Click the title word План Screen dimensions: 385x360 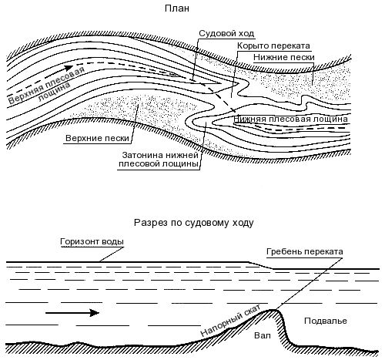click(x=177, y=8)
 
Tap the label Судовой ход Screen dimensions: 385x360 click(x=226, y=33)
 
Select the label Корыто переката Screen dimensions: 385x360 click(x=273, y=45)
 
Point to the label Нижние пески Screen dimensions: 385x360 click(x=284, y=57)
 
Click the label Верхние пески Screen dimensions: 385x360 click(x=97, y=138)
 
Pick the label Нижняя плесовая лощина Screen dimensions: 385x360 click(x=290, y=119)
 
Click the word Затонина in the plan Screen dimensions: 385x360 click(x=142, y=155)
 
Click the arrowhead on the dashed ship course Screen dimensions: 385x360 click(x=69, y=68)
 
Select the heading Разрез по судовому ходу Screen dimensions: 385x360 click(x=194, y=223)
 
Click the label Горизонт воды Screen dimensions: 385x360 click(x=92, y=242)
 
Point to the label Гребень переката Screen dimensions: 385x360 click(x=304, y=251)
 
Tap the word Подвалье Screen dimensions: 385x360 click(x=326, y=321)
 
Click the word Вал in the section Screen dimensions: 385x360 click(x=263, y=335)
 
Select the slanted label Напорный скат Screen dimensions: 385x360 click(x=230, y=320)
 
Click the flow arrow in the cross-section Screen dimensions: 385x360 click(x=72, y=313)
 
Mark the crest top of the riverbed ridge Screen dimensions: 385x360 click(x=272, y=310)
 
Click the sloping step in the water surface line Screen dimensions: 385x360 click(x=260, y=265)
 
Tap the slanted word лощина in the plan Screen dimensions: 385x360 click(x=55, y=92)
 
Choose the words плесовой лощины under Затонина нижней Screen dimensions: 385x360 click(x=159, y=164)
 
